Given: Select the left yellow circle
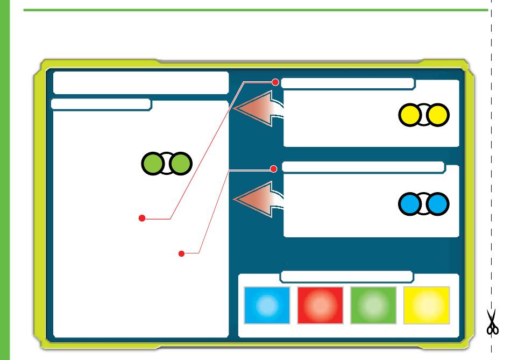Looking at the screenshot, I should [410, 115].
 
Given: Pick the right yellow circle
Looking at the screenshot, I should [438, 115].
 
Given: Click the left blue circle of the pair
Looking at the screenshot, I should [410, 203].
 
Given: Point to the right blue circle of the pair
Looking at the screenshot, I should [438, 203].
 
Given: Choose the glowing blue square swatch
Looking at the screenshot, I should [267, 305].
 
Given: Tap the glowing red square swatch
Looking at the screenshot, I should [320, 305].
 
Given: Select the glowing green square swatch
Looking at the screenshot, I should [373, 305].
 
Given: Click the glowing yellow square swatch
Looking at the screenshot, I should [427, 305].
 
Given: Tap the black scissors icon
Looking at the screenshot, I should [492, 322].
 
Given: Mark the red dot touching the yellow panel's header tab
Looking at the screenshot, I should [276, 82].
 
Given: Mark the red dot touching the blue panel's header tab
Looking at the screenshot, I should [274, 169].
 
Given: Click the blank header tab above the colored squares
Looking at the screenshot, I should [347, 277].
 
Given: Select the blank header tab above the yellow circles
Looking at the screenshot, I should [347, 83].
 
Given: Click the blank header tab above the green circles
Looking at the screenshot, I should [101, 104].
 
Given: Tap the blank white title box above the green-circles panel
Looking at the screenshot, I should [141, 83].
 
